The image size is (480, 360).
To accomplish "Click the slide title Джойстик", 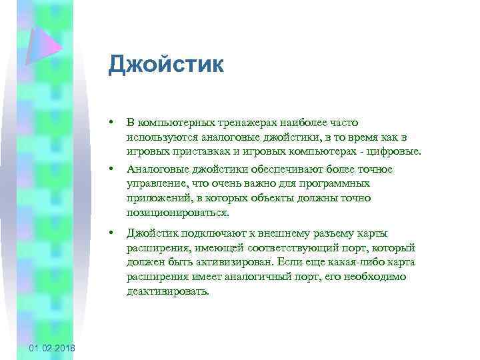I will tap(166, 66).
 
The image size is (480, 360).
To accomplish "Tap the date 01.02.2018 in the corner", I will tap(52, 349).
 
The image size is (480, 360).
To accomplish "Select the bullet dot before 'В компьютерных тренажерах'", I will tap(115, 123).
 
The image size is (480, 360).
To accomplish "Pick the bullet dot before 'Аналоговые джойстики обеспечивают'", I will tap(115, 169).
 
